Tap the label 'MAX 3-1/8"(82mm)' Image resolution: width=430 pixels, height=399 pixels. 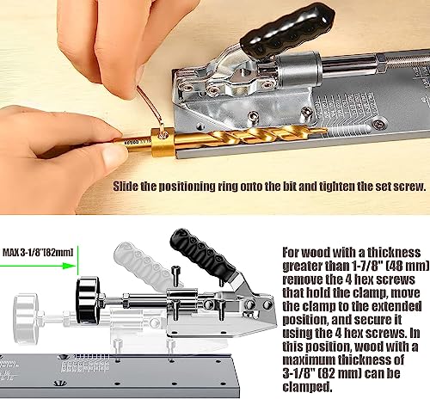click(x=39, y=252)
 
